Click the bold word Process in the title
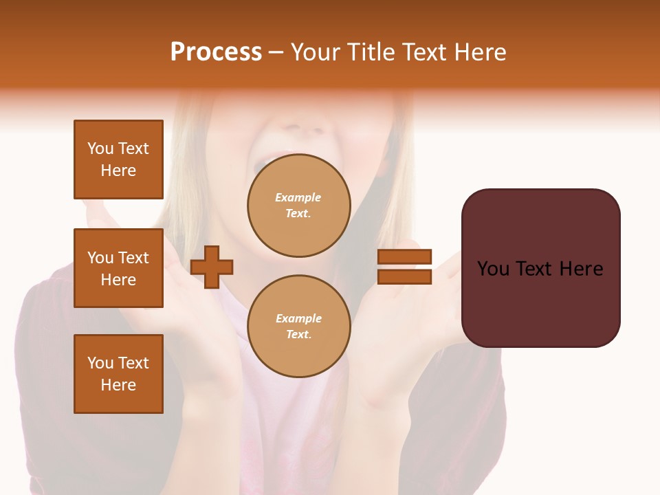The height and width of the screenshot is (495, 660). [216, 52]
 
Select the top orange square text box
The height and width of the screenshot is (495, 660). [118, 159]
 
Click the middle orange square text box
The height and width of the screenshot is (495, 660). [118, 268]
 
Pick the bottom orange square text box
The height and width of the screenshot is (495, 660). [118, 374]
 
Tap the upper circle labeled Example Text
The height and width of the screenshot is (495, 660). [299, 206]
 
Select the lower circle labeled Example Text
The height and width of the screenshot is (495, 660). [299, 327]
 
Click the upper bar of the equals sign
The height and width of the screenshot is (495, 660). [404, 257]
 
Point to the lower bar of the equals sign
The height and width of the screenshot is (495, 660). [404, 277]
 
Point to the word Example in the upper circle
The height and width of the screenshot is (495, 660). [298, 198]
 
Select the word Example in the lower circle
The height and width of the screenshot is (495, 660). [298, 319]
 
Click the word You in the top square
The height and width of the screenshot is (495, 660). [100, 148]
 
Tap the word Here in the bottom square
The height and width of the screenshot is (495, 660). [118, 385]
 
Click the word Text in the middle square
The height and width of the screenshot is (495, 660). [133, 258]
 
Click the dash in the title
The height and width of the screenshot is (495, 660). [276, 53]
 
